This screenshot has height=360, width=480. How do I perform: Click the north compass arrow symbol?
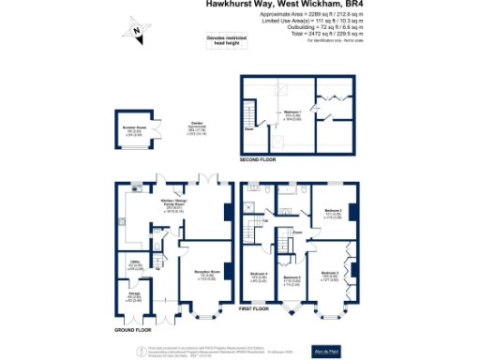click(137, 33)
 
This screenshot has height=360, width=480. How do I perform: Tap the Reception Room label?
click(207, 275)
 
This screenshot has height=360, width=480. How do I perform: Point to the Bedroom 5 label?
click(292, 279)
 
